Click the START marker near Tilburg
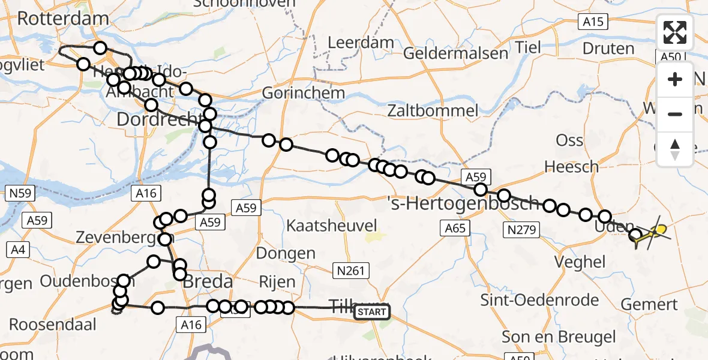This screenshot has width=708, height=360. (x=372, y=312)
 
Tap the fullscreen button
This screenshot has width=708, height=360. (x=675, y=32)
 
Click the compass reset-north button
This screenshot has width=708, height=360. (x=675, y=149)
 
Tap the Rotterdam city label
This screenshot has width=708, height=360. (x=63, y=18)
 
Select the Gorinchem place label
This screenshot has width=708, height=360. (x=304, y=92)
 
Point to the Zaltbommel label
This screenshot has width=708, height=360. (x=433, y=110)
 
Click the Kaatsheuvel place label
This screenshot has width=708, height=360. (x=332, y=226)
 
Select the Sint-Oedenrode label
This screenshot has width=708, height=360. (x=540, y=299)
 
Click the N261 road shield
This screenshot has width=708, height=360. (x=351, y=271)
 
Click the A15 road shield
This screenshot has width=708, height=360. (x=593, y=22)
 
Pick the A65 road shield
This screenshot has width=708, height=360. (x=455, y=227)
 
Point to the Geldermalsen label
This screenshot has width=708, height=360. (x=455, y=53)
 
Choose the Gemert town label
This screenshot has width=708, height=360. (x=649, y=304)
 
